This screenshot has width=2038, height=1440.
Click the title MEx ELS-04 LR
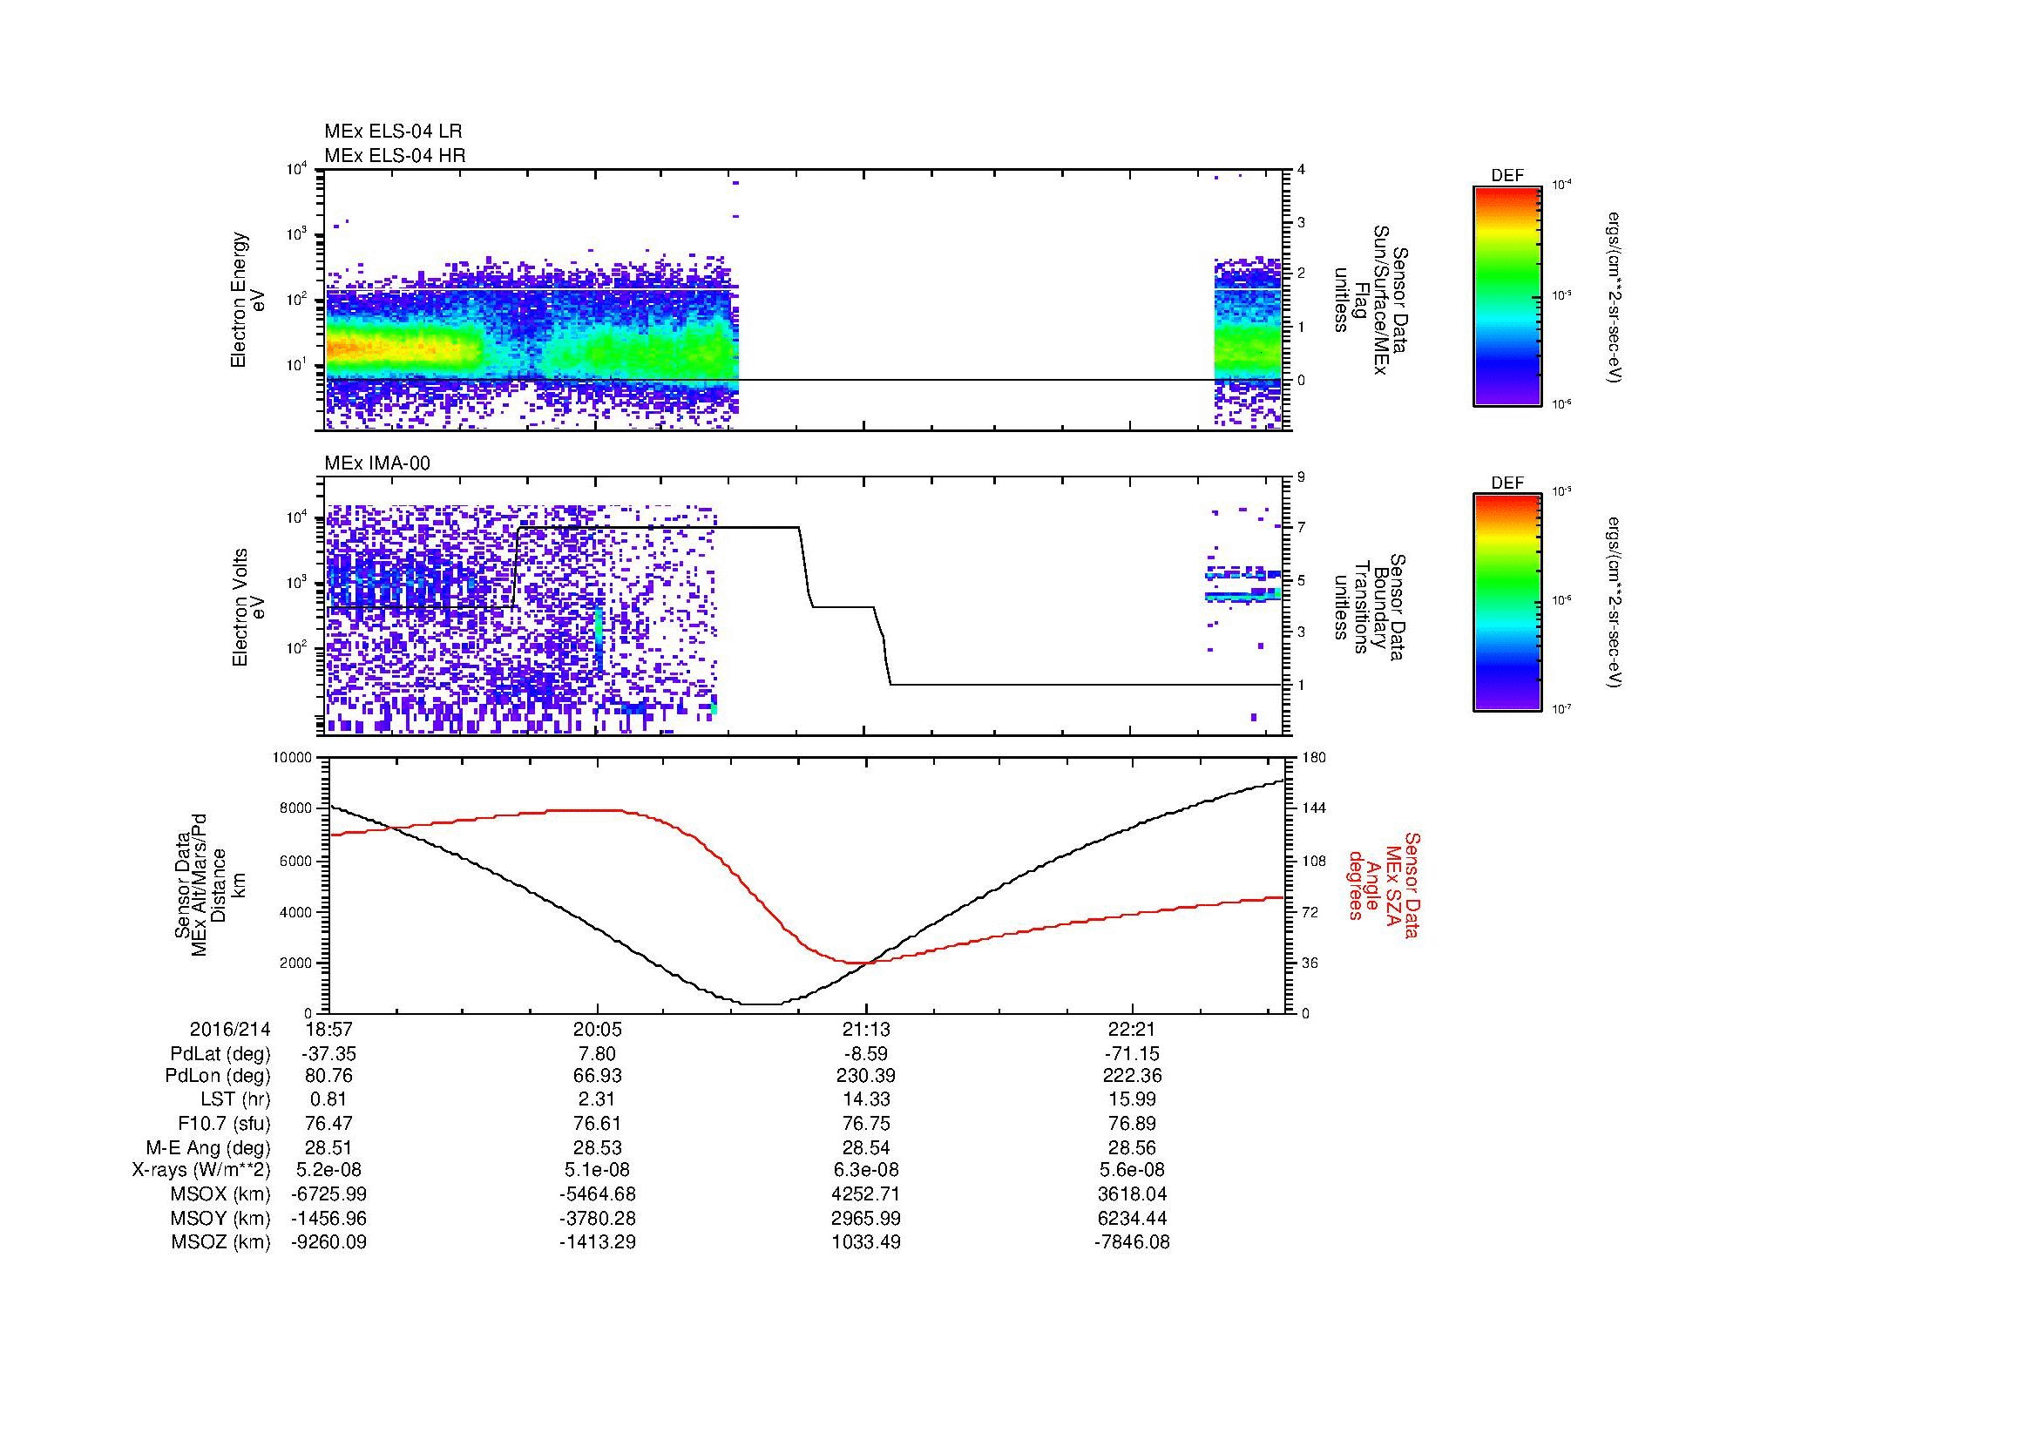(x=392, y=132)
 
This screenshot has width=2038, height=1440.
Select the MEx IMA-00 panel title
(x=376, y=463)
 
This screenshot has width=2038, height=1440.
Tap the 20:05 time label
(x=597, y=1029)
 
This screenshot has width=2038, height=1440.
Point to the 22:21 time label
(x=1132, y=1029)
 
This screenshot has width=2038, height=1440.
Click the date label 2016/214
(x=230, y=1029)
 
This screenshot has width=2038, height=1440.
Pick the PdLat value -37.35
(x=328, y=1054)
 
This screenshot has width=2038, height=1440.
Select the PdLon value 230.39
(x=865, y=1076)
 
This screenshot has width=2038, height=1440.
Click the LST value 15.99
(x=1132, y=1099)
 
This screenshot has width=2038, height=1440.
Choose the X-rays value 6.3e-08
(x=865, y=1170)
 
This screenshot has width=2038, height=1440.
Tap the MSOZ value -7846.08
(x=1132, y=1242)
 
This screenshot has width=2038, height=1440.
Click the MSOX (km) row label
(x=220, y=1194)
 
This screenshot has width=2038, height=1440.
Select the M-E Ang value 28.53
(x=597, y=1147)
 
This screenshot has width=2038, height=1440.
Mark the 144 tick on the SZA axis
(x=1313, y=808)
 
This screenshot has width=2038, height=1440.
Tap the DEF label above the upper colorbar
(x=1507, y=176)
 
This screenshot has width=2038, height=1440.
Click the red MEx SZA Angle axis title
(x=1384, y=884)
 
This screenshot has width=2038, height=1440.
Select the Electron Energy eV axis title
(x=248, y=300)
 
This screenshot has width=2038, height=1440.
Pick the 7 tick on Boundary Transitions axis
(x=1301, y=529)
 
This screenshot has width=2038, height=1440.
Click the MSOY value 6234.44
(x=1132, y=1218)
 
